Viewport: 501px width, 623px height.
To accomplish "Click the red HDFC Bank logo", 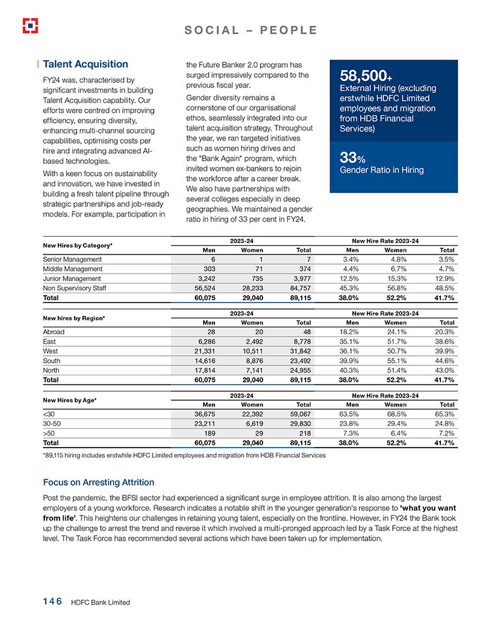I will pyautogui.click(x=30, y=25).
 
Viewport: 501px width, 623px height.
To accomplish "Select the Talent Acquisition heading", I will pyautogui.click(x=85, y=65).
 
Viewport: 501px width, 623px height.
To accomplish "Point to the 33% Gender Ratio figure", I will pyautogui.click(x=349, y=156).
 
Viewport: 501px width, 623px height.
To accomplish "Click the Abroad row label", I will pyautogui.click(x=54, y=332).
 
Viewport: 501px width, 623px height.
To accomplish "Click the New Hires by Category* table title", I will pyautogui.click(x=77, y=245).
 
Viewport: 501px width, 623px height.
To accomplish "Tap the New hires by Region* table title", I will pyautogui.click(x=73, y=318).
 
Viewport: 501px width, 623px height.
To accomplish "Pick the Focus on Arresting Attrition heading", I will pyautogui.click(x=98, y=482).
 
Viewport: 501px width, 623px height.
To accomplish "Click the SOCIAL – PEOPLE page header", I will pyautogui.click(x=250, y=30).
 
